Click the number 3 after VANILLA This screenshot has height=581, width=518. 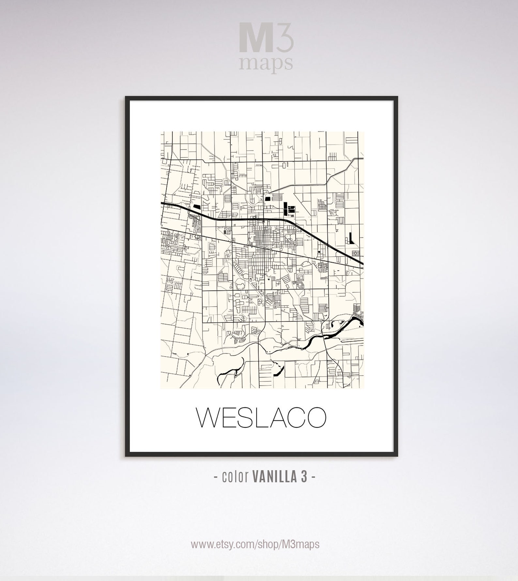coord(304,477)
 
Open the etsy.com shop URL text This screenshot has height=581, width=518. coord(255,544)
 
